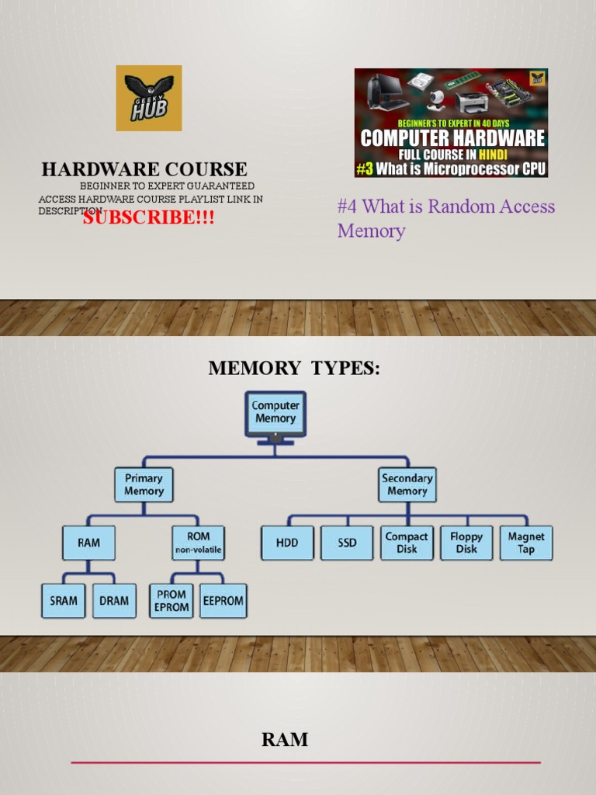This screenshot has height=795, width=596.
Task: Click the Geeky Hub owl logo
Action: coord(149,98)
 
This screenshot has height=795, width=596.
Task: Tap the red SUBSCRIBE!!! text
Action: coord(149,217)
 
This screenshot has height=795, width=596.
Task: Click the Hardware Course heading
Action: coord(144,169)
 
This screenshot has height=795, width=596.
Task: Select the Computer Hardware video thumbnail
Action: coord(451,123)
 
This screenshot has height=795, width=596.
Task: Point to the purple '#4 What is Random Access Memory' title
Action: coord(446,218)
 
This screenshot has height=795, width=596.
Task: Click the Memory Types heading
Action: coord(295,369)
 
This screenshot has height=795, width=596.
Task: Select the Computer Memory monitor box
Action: coord(275,413)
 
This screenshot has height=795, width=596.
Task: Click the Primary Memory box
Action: coord(144,484)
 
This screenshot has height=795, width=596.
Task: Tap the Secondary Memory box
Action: coord(407,484)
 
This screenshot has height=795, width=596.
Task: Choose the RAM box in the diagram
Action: coord(89,543)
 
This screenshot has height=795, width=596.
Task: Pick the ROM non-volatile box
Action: coord(198,543)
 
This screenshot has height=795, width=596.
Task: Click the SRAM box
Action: coord(64,600)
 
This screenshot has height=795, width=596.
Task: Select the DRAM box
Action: coord(114,600)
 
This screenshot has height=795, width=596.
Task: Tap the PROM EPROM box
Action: coord(172,600)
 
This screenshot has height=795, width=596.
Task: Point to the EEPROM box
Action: coord(223,600)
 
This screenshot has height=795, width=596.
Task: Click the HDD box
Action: coord(287,543)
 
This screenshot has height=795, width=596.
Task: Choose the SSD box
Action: coord(347,543)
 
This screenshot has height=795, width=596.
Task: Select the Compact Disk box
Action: coord(407,543)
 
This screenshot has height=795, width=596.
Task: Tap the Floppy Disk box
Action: coord(466,543)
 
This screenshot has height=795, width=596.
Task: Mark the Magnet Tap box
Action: coord(526,543)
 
